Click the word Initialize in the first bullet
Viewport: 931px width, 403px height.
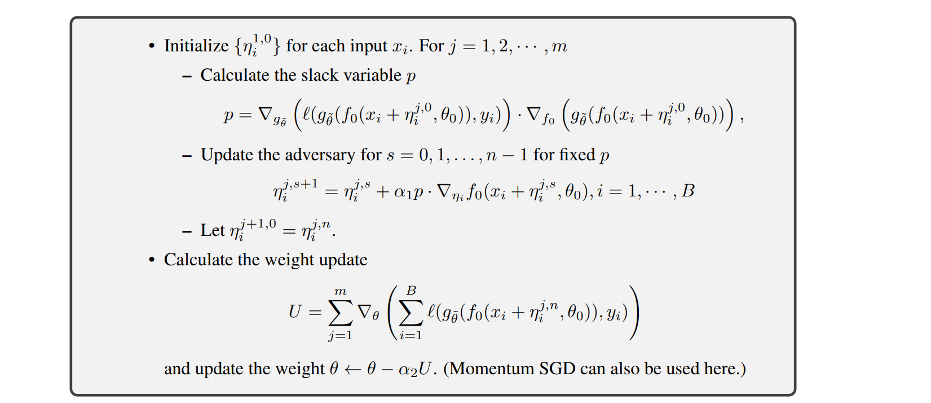196,46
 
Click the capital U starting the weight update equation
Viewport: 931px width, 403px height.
295,312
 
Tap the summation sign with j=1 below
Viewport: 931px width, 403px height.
341,312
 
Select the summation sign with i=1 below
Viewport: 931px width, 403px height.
411,312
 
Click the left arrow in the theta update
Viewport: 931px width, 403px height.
353,369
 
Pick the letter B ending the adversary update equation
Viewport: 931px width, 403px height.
688,191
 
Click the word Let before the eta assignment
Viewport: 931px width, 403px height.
213,230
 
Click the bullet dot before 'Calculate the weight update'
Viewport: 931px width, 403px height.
151,260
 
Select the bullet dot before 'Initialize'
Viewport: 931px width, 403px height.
151,46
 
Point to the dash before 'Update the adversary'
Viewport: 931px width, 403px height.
187,155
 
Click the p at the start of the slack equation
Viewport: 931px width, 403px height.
228,116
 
